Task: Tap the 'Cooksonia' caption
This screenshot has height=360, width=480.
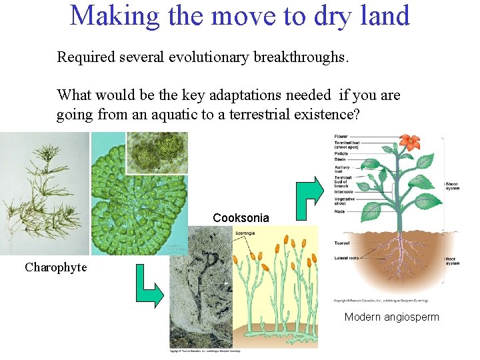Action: [241, 218]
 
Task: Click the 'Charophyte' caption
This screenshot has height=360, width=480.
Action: [55, 267]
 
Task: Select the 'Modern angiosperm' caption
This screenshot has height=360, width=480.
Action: [392, 317]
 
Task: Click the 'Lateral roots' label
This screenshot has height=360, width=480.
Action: [345, 257]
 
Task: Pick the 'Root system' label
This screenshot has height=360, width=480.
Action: [451, 261]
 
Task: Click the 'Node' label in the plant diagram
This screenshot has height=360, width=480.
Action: [339, 211]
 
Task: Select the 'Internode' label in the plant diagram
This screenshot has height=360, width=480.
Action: [343, 192]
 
